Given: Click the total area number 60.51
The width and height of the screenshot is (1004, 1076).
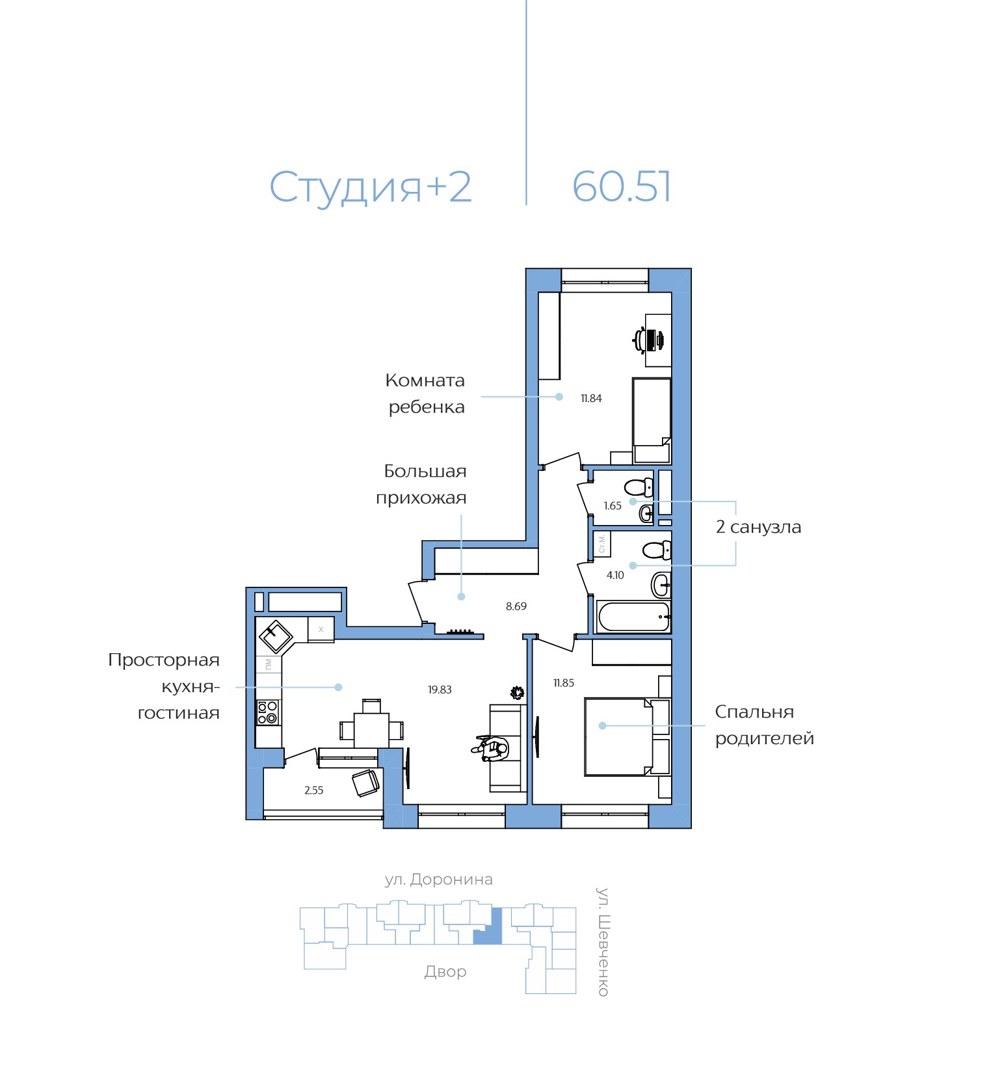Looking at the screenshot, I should (x=621, y=187).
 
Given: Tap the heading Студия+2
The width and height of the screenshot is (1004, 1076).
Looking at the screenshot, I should (x=370, y=187).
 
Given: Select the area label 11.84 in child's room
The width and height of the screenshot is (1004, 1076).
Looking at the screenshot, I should (x=591, y=398).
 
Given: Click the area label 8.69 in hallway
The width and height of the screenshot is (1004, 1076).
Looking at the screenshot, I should (x=516, y=606).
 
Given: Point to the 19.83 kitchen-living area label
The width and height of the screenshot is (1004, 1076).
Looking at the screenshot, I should (x=440, y=690).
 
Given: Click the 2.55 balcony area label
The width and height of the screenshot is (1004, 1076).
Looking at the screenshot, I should (x=313, y=790).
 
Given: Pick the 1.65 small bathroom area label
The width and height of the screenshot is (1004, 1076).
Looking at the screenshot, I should (x=612, y=505).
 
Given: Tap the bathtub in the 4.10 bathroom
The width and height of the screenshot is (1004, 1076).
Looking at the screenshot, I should (x=633, y=617).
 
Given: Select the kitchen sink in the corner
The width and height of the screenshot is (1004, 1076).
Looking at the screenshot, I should (x=276, y=636).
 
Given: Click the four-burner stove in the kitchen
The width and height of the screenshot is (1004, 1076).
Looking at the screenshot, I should (x=267, y=712).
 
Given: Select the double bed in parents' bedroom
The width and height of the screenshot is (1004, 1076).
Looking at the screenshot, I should (x=618, y=737).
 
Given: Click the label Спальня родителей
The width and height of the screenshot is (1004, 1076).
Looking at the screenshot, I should (x=763, y=725).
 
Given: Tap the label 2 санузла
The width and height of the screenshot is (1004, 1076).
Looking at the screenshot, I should (x=758, y=527).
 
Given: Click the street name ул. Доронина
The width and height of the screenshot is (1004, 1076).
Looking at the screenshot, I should (x=438, y=880).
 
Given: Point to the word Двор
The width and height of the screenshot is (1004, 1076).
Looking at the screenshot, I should (x=445, y=971).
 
